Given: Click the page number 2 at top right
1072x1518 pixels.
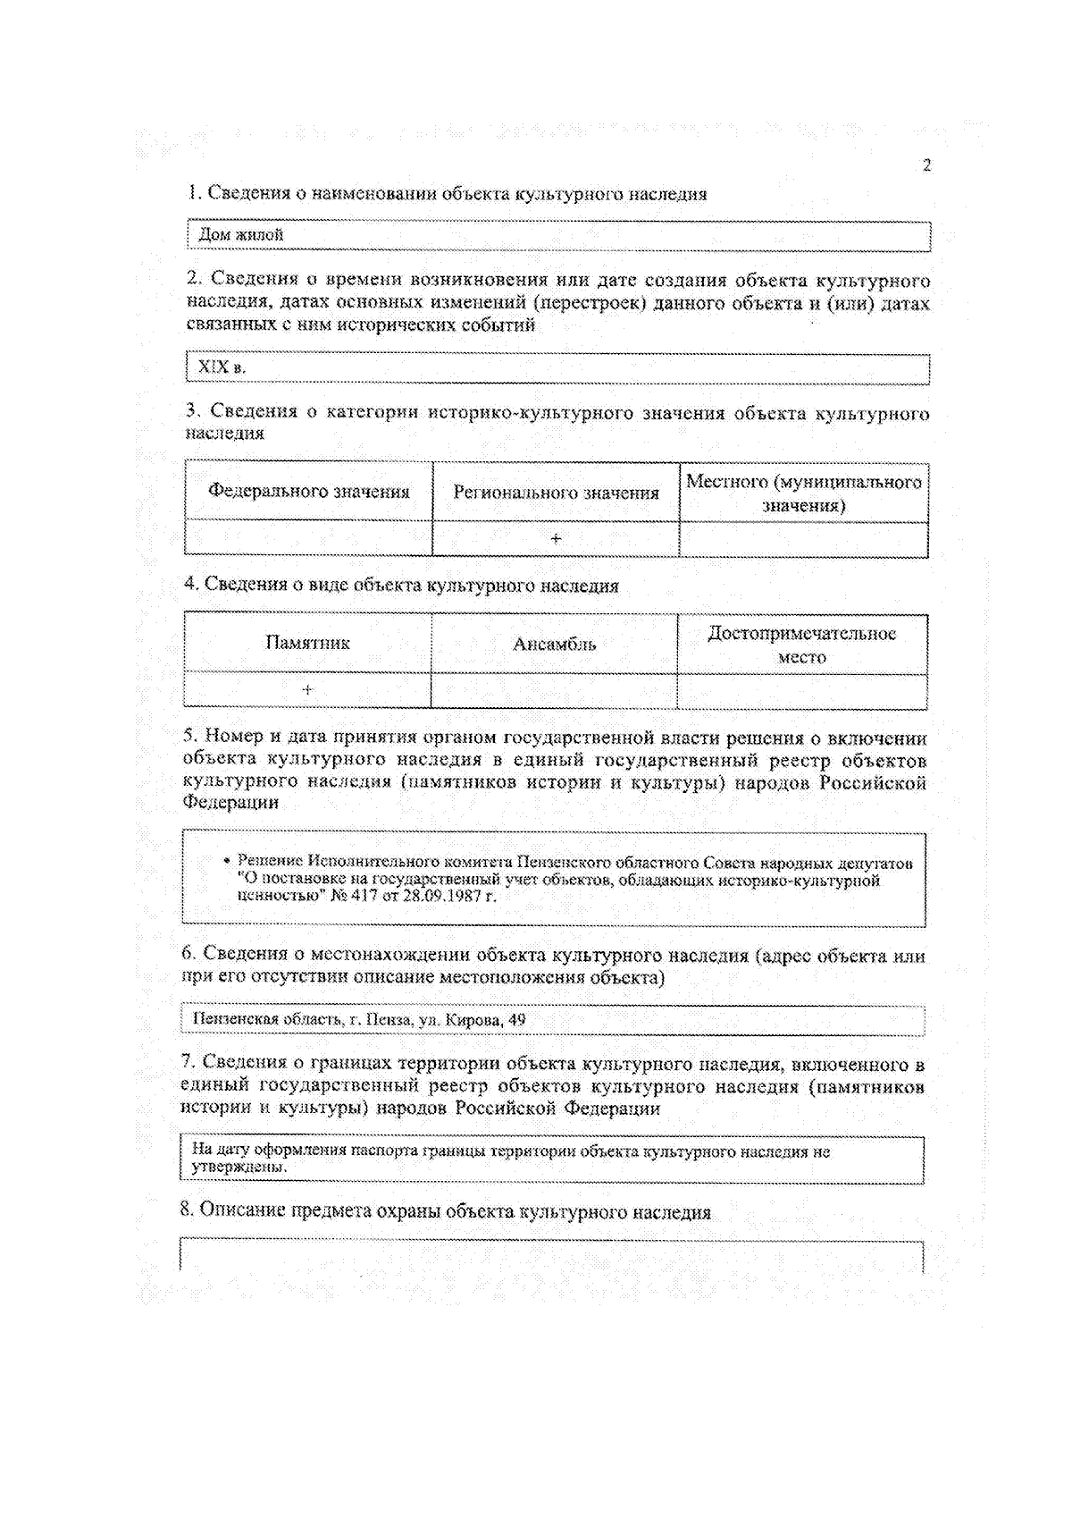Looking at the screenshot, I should pyautogui.click(x=926, y=165).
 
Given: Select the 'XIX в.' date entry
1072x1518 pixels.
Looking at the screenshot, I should pyautogui.click(x=222, y=367).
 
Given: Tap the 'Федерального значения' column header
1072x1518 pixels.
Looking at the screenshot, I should pyautogui.click(x=309, y=491).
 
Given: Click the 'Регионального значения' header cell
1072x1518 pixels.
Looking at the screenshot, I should pyautogui.click(x=556, y=493).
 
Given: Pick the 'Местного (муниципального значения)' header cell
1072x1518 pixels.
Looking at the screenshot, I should pyautogui.click(x=803, y=493).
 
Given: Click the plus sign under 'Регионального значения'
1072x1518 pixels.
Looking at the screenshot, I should pyautogui.click(x=556, y=539).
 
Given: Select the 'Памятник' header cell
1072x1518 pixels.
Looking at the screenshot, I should pyautogui.click(x=307, y=643).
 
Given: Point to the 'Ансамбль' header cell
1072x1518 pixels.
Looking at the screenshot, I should pyautogui.click(x=554, y=644).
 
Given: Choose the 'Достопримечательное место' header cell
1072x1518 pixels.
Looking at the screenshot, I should pyautogui.click(x=801, y=645).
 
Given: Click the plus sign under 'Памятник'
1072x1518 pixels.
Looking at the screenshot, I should pyautogui.click(x=307, y=690).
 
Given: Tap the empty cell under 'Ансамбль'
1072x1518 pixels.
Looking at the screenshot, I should pyautogui.click(x=554, y=691).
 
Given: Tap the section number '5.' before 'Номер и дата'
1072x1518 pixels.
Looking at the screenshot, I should pyautogui.click(x=190, y=737).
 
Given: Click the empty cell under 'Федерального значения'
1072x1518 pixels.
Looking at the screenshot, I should pyautogui.click(x=309, y=538).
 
